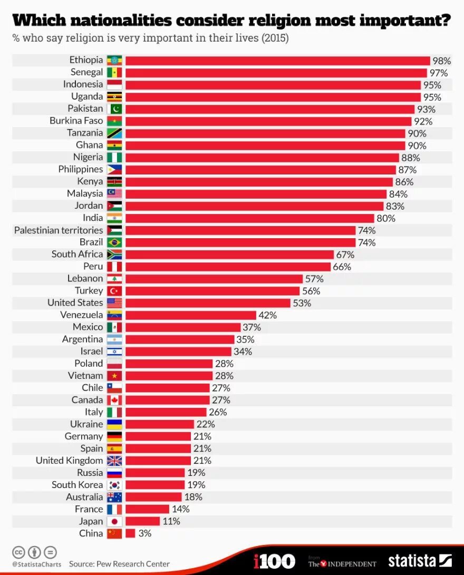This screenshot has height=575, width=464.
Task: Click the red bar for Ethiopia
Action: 277,61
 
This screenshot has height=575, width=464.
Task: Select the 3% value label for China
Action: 145,533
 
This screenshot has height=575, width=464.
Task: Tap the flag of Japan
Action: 114,521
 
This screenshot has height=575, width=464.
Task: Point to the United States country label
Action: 75,303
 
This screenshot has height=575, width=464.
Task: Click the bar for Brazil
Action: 240,242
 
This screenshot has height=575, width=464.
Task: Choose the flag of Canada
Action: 114,400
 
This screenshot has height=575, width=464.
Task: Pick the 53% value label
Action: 302,303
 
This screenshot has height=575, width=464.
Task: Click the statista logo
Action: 420,560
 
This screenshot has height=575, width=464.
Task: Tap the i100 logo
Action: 274,561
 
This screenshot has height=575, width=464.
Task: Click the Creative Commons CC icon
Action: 18,552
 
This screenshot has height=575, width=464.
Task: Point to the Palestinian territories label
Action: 59,230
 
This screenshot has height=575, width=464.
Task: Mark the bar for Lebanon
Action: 214,279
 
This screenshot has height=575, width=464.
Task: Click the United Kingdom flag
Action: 114,461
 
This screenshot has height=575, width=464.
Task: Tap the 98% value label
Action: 441,61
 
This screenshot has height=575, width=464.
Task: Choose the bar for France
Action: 147,509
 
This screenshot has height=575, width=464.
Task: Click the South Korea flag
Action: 114,485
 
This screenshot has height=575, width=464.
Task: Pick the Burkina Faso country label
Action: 76,121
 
